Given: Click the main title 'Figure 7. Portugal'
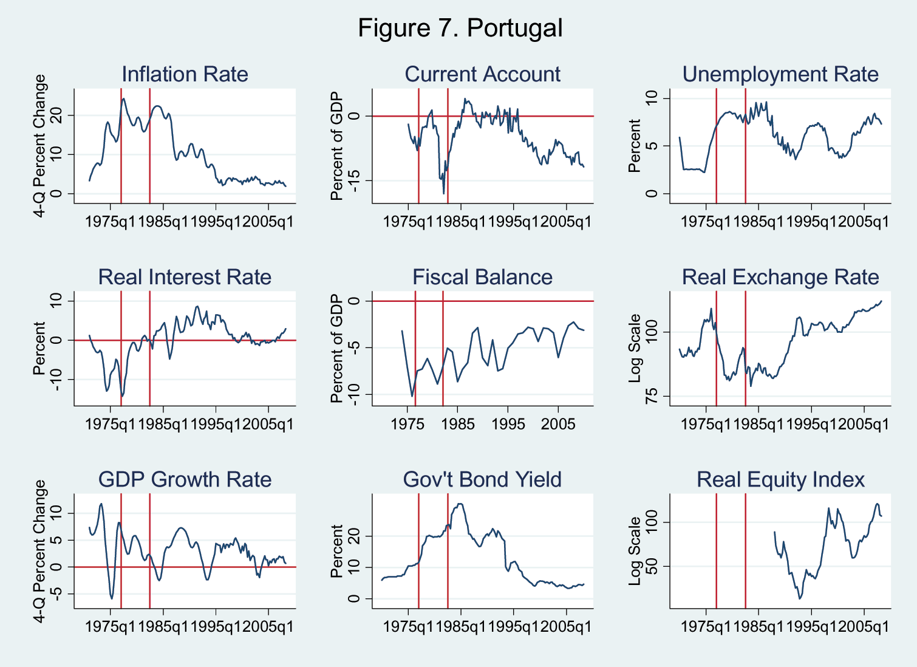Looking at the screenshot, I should (x=460, y=28).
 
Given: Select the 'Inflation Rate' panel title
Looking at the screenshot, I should (x=185, y=74).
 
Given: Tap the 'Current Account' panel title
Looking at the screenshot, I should (x=482, y=74).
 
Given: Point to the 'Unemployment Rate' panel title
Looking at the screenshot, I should (x=780, y=74).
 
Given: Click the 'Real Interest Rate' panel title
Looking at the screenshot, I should (x=185, y=277).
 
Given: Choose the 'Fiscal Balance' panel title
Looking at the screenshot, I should (x=482, y=277).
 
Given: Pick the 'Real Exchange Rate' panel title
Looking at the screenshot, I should (x=780, y=277).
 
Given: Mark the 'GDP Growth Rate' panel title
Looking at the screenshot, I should (x=185, y=479).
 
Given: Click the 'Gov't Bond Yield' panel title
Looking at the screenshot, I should (x=482, y=479).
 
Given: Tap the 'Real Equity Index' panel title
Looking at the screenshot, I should (x=780, y=479).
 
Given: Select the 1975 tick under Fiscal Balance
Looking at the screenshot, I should (x=407, y=424).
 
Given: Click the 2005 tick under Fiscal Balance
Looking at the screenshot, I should (x=558, y=424).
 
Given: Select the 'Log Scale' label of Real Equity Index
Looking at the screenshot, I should (x=635, y=551).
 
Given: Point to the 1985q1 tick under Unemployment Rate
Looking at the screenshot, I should (x=758, y=222).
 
